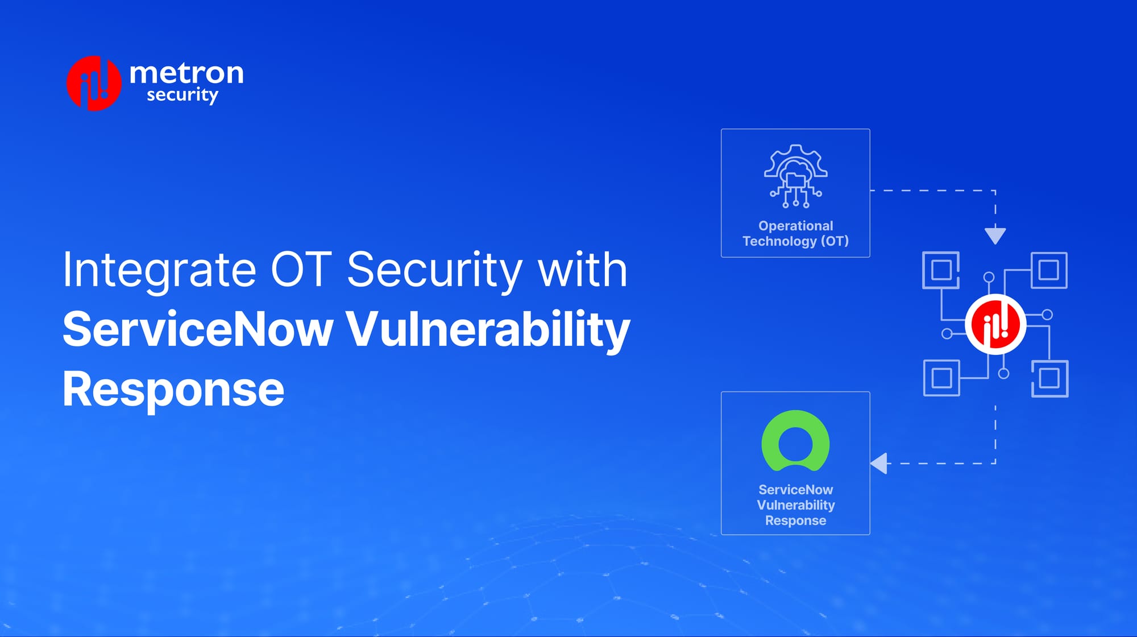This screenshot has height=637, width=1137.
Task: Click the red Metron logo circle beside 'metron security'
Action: click(94, 83)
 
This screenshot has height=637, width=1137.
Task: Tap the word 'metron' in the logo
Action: click(186, 73)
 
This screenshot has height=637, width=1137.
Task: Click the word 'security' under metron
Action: click(182, 95)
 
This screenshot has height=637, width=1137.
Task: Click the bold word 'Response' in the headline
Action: click(173, 389)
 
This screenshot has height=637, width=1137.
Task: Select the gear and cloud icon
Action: click(795, 176)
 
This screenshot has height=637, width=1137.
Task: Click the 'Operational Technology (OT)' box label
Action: click(795, 233)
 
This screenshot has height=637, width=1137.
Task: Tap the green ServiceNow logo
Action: click(795, 441)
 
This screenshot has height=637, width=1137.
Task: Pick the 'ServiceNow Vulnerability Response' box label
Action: click(795, 505)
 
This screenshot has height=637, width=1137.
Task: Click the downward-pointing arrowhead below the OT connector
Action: click(995, 235)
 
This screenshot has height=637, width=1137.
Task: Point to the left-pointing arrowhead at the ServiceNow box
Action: click(879, 463)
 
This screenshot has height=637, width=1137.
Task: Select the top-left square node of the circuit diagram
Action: click(941, 270)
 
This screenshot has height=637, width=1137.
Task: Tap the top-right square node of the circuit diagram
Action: click(1048, 270)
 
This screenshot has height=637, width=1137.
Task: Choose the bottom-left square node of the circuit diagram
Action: click(941, 378)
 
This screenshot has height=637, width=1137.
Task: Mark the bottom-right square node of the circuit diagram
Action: click(1049, 378)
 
